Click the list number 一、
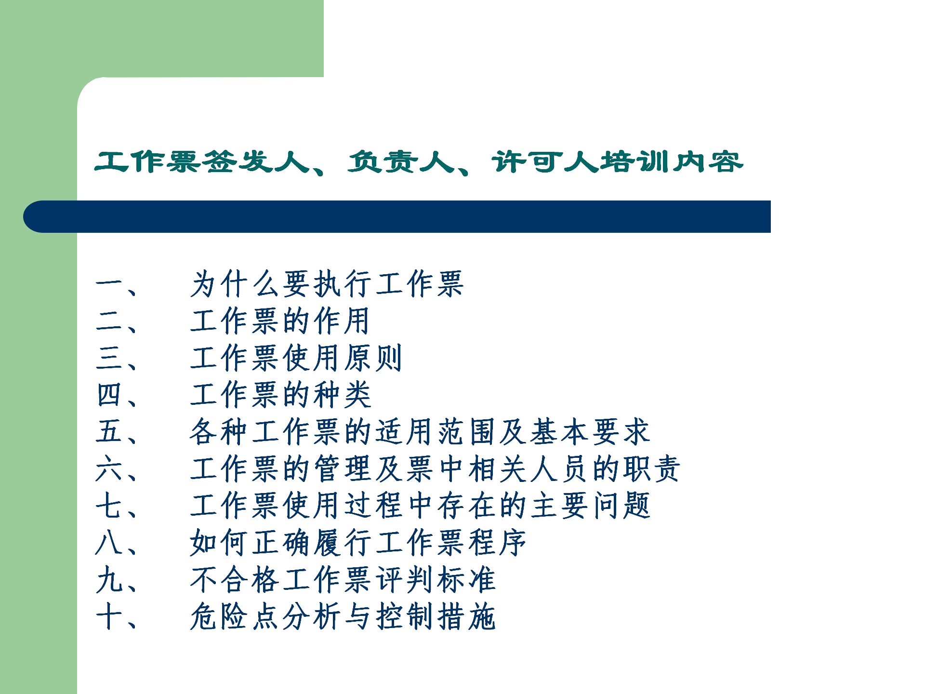coord(117,284)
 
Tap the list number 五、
coord(117,431)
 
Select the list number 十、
coord(117,616)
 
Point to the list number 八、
coord(117,543)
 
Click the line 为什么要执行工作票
coord(327,284)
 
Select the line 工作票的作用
coord(280,321)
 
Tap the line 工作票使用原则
coord(296,358)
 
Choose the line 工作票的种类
coord(280,395)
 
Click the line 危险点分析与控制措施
coord(343,616)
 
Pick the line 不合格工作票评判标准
coord(343,579)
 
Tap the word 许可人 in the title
coord(545,162)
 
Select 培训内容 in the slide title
coord(672,162)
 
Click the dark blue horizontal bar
coord(397,217)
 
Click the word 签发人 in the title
coord(256,162)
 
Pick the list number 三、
coord(117,358)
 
